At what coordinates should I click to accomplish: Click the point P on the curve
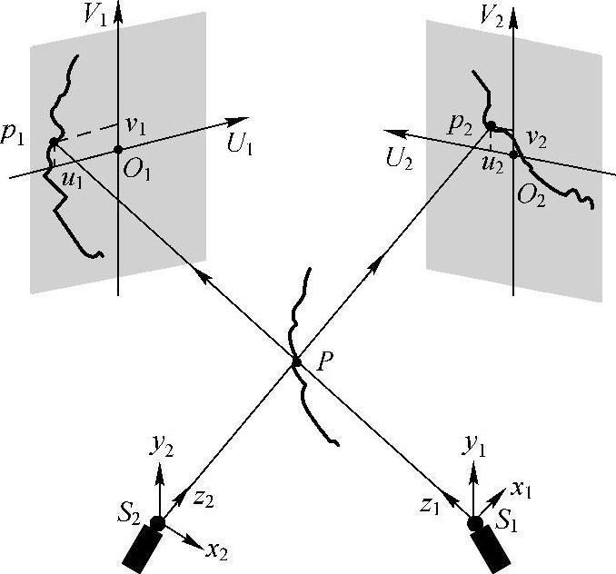coord(296,363)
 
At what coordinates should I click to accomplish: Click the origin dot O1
coord(118,149)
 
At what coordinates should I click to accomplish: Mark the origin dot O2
coord(513,155)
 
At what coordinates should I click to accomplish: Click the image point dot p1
coord(54,142)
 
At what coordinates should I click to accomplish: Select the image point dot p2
coord(491,125)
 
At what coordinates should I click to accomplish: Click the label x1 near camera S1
coord(521,490)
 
